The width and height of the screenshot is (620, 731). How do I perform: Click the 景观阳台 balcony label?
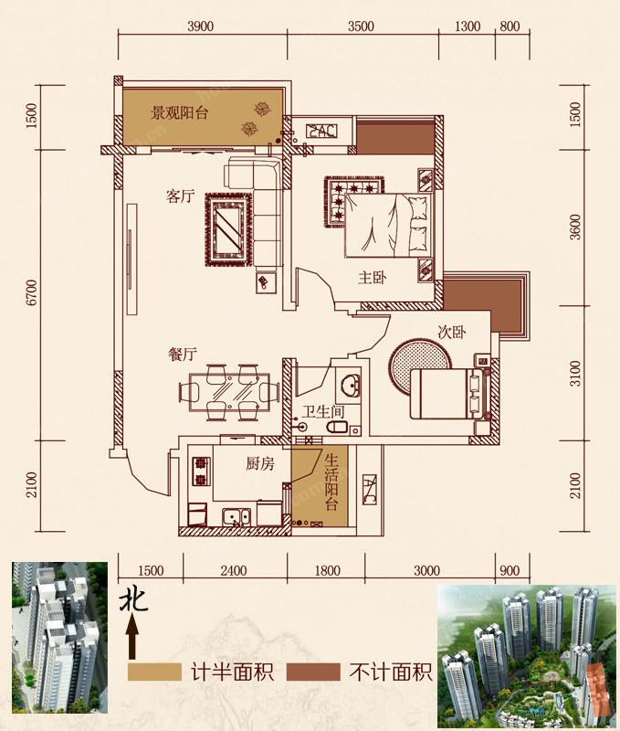click(x=179, y=112)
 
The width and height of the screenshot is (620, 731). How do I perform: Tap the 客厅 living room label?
click(x=180, y=196)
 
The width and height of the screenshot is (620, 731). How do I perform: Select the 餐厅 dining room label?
click(x=182, y=355)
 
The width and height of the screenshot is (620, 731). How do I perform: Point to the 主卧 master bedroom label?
click(x=372, y=278)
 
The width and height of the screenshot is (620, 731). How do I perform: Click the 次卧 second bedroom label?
click(x=452, y=332)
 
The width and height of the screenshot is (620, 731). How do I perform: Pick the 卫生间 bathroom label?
click(x=323, y=412)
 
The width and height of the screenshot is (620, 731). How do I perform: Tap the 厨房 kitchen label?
click(x=260, y=463)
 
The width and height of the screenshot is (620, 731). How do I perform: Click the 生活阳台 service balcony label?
click(x=331, y=482)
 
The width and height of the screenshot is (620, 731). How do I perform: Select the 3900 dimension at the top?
click(x=200, y=26)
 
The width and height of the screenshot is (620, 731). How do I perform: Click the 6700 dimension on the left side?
click(x=32, y=292)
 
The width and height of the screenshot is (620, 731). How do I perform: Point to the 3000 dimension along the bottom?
click(x=426, y=570)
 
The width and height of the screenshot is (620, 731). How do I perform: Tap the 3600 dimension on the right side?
click(x=576, y=227)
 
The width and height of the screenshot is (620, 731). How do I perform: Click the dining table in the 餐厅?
click(x=229, y=392)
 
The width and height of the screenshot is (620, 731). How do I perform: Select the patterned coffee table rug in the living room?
click(x=229, y=230)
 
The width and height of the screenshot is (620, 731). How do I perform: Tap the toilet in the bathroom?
click(x=336, y=427)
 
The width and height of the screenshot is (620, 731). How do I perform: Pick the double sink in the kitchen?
click(x=236, y=516)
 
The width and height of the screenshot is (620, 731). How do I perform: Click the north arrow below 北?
click(x=132, y=636)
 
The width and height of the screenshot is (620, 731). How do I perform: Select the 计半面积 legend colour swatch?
click(x=154, y=672)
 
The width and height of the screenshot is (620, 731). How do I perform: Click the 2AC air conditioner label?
click(x=321, y=131)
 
